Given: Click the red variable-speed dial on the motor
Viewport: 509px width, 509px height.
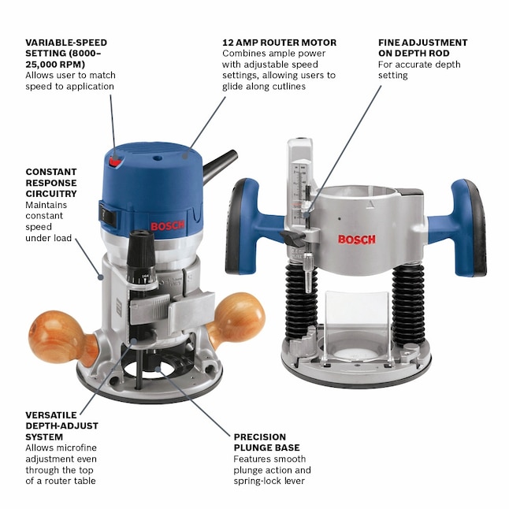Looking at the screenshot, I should (117, 161).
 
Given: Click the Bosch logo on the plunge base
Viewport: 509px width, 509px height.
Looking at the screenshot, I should (356, 239).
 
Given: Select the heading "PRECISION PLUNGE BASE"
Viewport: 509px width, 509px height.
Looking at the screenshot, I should (260, 442).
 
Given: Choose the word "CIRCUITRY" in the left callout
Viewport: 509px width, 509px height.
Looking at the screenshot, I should (51, 193).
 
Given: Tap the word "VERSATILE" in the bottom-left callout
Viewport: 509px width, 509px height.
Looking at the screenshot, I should (52, 414).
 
